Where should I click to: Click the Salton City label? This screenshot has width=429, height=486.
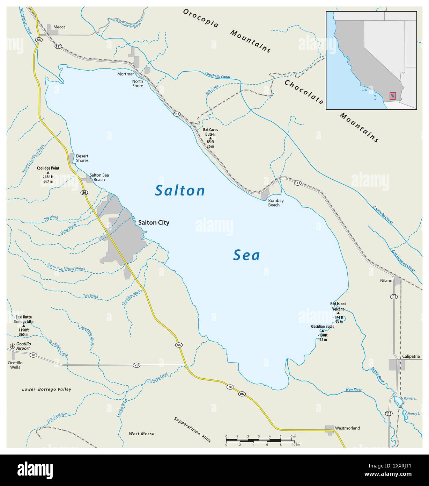[x=154, y=222]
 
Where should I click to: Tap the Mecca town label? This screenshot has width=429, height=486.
[x=59, y=27]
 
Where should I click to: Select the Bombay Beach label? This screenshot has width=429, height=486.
[x=275, y=203]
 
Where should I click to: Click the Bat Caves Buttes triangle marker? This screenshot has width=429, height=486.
[x=210, y=138]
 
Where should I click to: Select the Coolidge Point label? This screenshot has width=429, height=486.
[x=48, y=168]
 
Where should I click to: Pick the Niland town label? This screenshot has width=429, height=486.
[x=386, y=280]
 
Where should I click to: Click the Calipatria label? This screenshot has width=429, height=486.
[x=411, y=357]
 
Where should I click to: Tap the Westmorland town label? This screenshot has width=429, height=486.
[x=347, y=428]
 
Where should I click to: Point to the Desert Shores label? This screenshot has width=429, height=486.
[x=82, y=158]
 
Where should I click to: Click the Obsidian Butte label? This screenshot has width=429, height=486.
[x=323, y=327]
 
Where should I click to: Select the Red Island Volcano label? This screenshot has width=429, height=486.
[x=338, y=306]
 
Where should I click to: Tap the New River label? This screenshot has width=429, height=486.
[x=354, y=389]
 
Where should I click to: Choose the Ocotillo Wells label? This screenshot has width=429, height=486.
[x=15, y=365]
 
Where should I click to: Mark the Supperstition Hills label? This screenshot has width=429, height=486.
[x=192, y=430]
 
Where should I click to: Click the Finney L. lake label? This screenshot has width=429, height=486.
[x=414, y=414]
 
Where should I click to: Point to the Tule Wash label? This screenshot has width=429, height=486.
[x=90, y=296]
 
